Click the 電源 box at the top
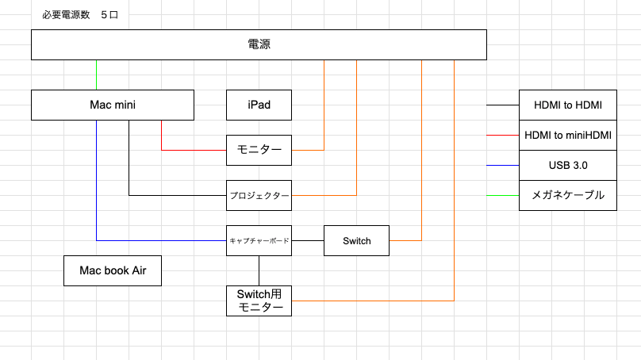pyautogui.click(x=259, y=44)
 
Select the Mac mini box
pyautogui.click(x=112, y=105)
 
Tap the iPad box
pyautogui.click(x=259, y=105)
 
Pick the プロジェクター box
pyautogui.click(x=259, y=195)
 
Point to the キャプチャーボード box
pyautogui.click(x=259, y=240)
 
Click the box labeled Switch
pyautogui.click(x=356, y=240)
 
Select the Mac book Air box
pyautogui.click(x=112, y=270)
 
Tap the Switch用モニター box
pyautogui.click(x=259, y=301)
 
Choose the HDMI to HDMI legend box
pyautogui.click(x=567, y=105)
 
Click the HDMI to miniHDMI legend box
pyautogui.click(x=567, y=135)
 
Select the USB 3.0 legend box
pyautogui.click(x=567, y=165)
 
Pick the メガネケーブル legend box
pyautogui.click(x=567, y=195)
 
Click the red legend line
pyautogui.click(x=502, y=135)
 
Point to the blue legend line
pyautogui.click(x=502, y=165)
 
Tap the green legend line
pyautogui.click(x=502, y=195)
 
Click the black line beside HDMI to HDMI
pyautogui.click(x=502, y=105)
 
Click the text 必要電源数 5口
pyautogui.click(x=80, y=16)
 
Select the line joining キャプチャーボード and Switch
pyautogui.click(x=308, y=240)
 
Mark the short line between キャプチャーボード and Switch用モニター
pyautogui.click(x=259, y=270)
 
